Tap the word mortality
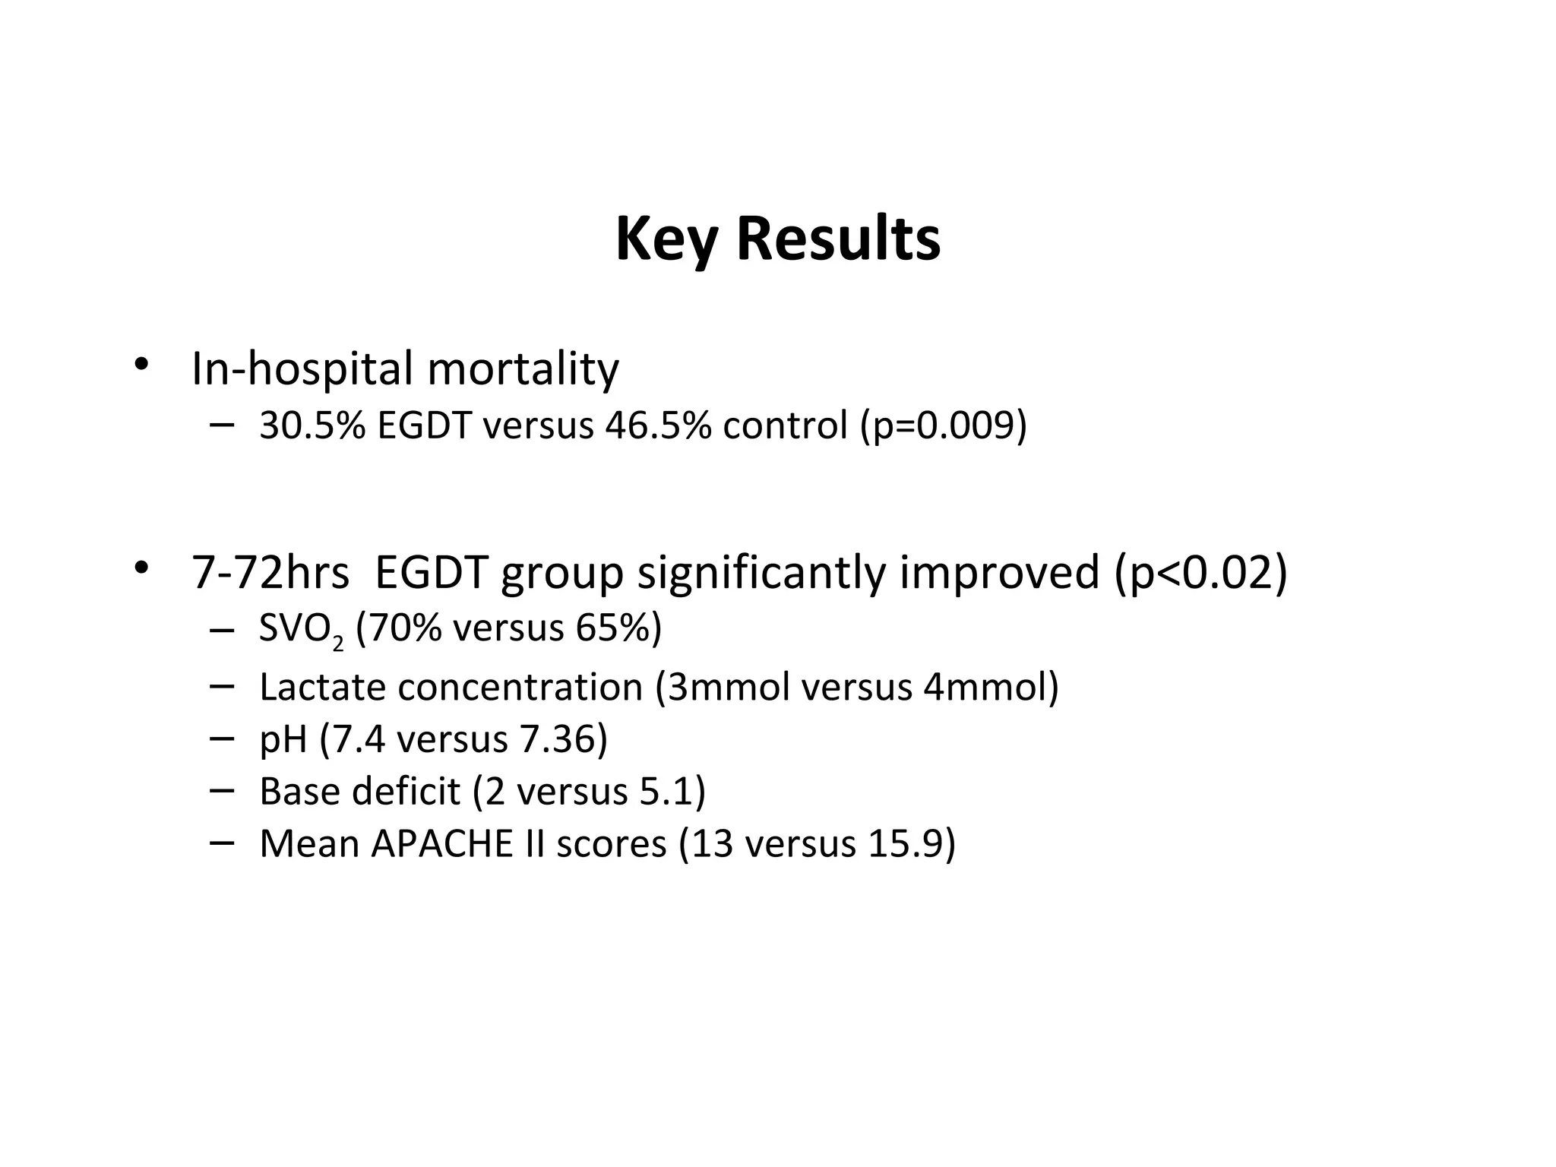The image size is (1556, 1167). tap(523, 369)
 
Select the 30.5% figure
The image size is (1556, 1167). tap(312, 425)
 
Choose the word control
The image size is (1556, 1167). tap(785, 425)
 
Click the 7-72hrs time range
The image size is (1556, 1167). tap(270, 572)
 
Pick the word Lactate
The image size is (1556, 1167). tap(322, 687)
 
